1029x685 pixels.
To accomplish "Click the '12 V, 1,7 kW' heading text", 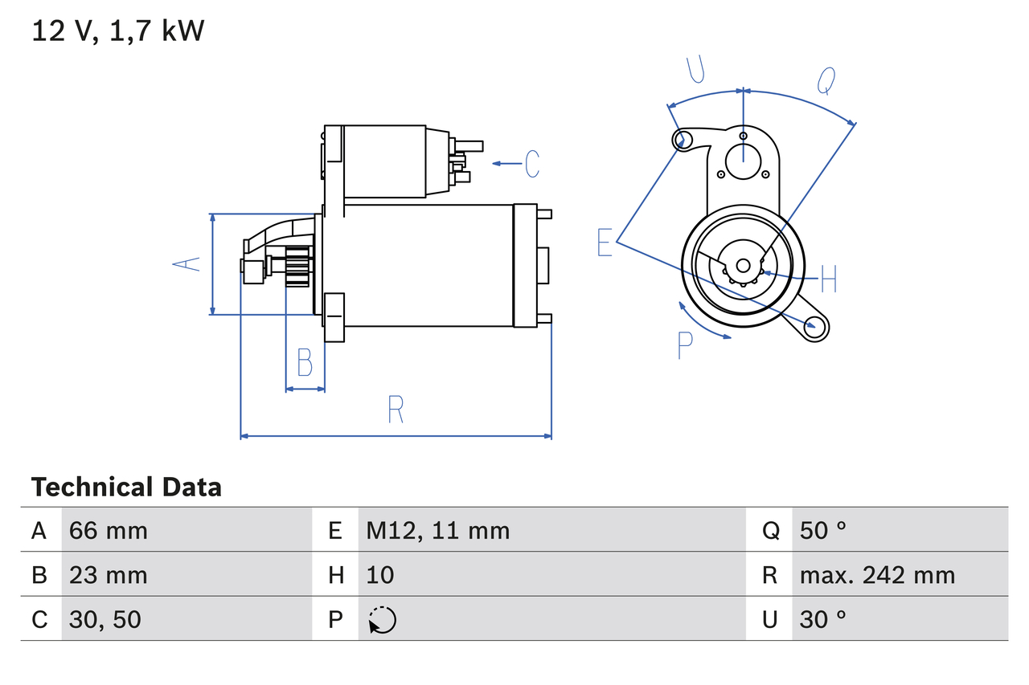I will coord(118,31).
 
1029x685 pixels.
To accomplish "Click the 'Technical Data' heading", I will coord(126,487).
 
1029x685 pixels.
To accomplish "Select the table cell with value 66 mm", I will coord(109,530).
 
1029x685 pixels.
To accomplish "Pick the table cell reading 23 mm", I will coord(109,575).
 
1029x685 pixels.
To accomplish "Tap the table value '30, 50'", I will coord(105,619).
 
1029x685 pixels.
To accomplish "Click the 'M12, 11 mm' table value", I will coord(438,530).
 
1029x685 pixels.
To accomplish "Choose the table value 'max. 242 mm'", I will coord(877,575).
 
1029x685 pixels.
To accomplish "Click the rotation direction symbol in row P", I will coord(382,620).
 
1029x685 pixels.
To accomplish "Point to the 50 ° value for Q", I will coord(823,530).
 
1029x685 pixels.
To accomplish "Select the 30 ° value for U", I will coord(823,619).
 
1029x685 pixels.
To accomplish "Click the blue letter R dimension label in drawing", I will coord(395,410).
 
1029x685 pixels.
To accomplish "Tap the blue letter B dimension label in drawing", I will coord(305,363).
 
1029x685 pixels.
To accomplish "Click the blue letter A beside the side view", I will coord(188,263).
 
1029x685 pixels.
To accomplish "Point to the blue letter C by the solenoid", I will coord(532,164).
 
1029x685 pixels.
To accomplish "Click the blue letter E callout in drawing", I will coord(605,242).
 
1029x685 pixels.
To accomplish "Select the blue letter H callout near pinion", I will coord(829,279).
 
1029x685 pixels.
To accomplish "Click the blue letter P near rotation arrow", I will coord(684,345).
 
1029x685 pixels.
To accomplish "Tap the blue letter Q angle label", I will coord(826,80).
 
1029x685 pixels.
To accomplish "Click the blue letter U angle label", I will coord(696,70).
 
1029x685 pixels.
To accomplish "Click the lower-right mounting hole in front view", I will coord(816,325).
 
